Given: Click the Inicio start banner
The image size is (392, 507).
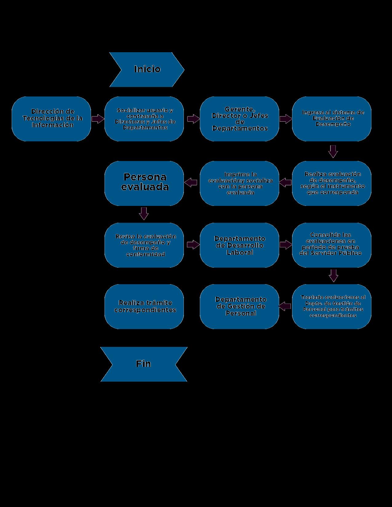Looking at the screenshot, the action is pyautogui.click(x=147, y=69).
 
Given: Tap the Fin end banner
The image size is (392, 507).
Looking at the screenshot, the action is pyautogui.click(x=144, y=364).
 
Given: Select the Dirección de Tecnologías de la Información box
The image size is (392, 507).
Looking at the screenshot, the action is pyautogui.click(x=51, y=119).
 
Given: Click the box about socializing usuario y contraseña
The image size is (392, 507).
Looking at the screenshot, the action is pyautogui.click(x=144, y=119).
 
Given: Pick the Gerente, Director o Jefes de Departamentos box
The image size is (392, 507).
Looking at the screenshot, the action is pyautogui.click(x=240, y=119).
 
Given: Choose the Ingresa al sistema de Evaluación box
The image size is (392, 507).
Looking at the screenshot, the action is pyautogui.click(x=332, y=119).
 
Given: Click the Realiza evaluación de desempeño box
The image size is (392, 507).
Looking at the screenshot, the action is pyautogui.click(x=332, y=183).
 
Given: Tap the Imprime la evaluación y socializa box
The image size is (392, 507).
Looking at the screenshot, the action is pyautogui.click(x=240, y=183).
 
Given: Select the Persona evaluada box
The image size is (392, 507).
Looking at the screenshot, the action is pyautogui.click(x=144, y=183).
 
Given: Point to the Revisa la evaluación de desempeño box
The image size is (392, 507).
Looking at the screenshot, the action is pyautogui.click(x=144, y=245).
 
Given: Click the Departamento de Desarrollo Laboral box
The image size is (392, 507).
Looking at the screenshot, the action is pyautogui.click(x=240, y=245).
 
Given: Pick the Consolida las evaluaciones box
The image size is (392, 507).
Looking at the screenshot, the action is pyautogui.click(x=332, y=245).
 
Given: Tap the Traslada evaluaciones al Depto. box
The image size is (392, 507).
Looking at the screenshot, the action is pyautogui.click(x=332, y=307).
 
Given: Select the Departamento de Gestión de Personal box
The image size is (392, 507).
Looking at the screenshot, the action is pyautogui.click(x=240, y=307).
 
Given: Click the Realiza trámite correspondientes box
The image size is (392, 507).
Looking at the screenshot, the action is pyautogui.click(x=144, y=307).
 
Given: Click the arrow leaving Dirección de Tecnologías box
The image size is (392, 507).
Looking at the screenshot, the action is pyautogui.click(x=98, y=119).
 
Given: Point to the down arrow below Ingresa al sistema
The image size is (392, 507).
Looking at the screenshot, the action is pyautogui.click(x=333, y=151).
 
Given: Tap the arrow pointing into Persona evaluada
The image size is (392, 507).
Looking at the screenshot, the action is pyautogui.click(x=191, y=182).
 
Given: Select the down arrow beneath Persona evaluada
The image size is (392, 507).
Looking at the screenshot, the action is pyautogui.click(x=144, y=213).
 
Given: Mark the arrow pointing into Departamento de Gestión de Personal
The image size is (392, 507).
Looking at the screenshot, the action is pyautogui.click(x=285, y=305).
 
